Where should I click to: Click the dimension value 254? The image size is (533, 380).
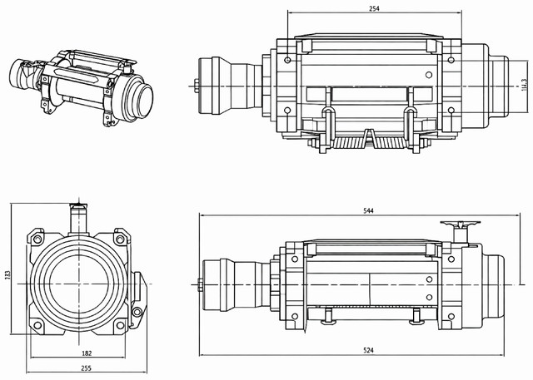tap(374, 8)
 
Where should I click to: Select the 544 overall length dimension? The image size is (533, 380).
tap(368, 211)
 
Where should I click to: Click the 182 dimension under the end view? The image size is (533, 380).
tap(87, 353)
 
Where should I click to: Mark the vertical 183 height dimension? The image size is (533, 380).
tap(7, 274)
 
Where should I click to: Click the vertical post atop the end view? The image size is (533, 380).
tap(79, 218)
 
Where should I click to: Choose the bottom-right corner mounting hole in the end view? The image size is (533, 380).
tap(122, 322)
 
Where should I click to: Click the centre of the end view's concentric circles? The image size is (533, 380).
tap(78, 285)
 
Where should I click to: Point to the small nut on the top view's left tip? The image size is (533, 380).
tap(195, 84)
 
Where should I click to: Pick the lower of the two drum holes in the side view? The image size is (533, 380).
tap(429, 296)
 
